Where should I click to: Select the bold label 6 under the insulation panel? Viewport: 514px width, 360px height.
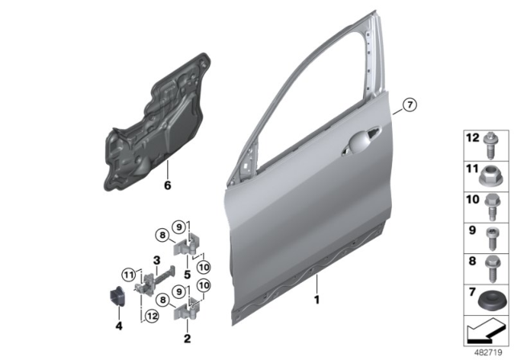click(x=168, y=186)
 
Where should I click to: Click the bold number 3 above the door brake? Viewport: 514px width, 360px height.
click(x=157, y=260)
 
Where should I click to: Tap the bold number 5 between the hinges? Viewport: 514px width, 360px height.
click(x=187, y=273)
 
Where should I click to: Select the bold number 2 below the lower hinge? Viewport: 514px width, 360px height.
click(x=186, y=339)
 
